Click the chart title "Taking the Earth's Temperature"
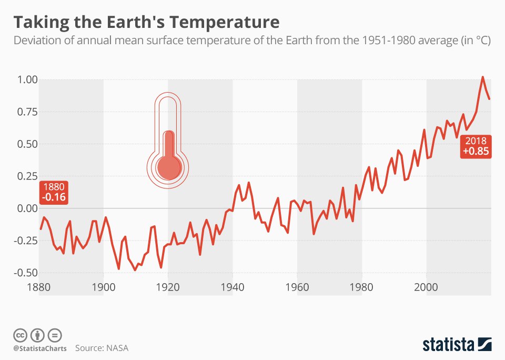(x=146, y=23)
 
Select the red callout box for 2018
(x=476, y=147)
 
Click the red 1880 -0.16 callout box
(x=54, y=193)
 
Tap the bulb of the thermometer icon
(x=168, y=167)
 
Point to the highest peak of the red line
(x=483, y=77)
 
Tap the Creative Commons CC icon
(x=20, y=335)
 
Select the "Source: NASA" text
(x=102, y=348)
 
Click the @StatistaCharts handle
(x=39, y=348)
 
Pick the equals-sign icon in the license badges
(x=55, y=335)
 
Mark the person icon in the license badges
(x=38, y=335)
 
